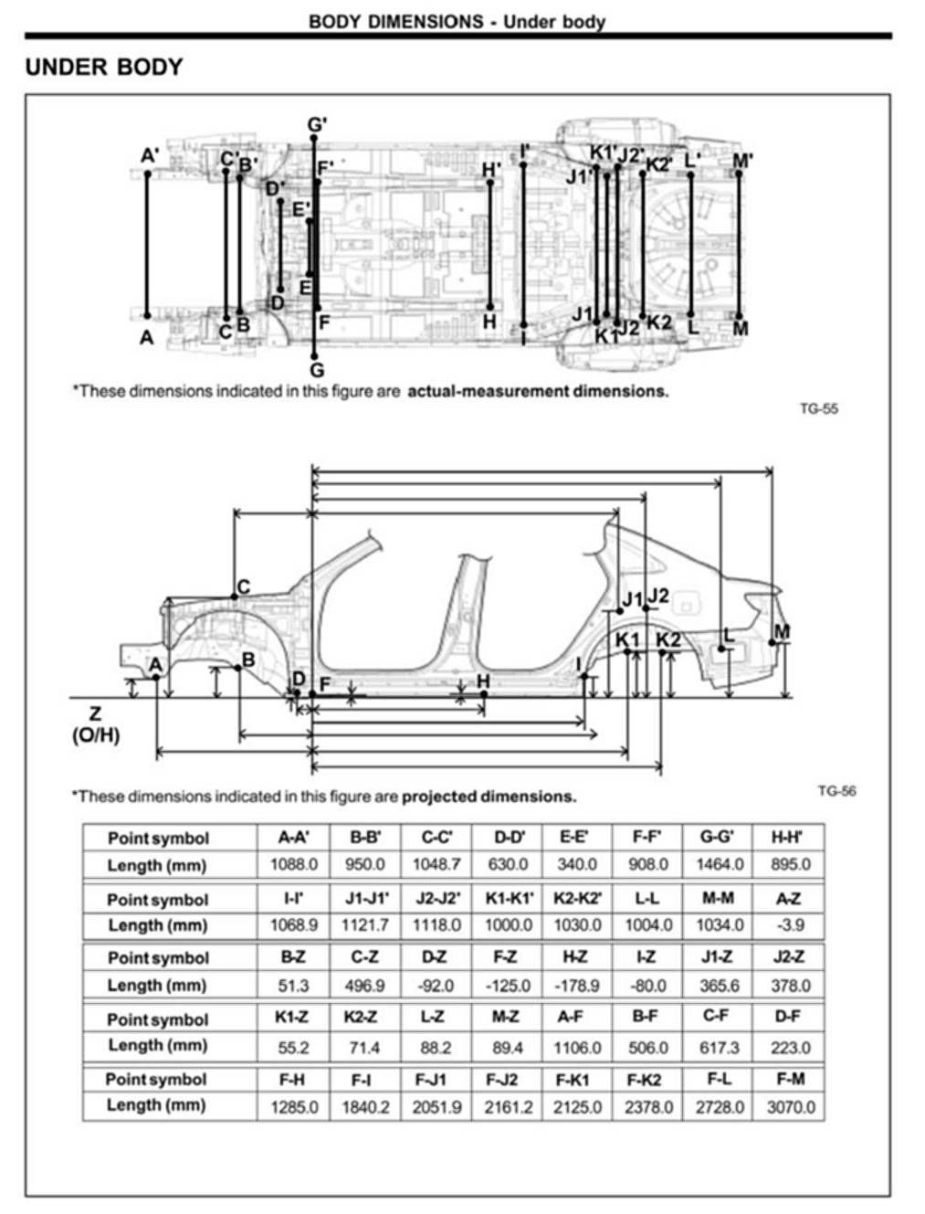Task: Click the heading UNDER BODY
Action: click(104, 67)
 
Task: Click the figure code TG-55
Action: click(818, 408)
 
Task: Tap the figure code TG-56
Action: click(836, 791)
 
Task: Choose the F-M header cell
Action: click(791, 1079)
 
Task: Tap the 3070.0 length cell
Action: click(791, 1107)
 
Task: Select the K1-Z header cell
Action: click(292, 1017)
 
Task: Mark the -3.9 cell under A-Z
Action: click(791, 925)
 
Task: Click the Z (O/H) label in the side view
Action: click(95, 724)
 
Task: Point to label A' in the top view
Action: click(150, 156)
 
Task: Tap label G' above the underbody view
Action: click(317, 125)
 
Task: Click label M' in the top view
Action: click(743, 162)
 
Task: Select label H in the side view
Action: click(483, 681)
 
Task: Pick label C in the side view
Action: click(244, 586)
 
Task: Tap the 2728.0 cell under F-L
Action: click(720, 1107)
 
